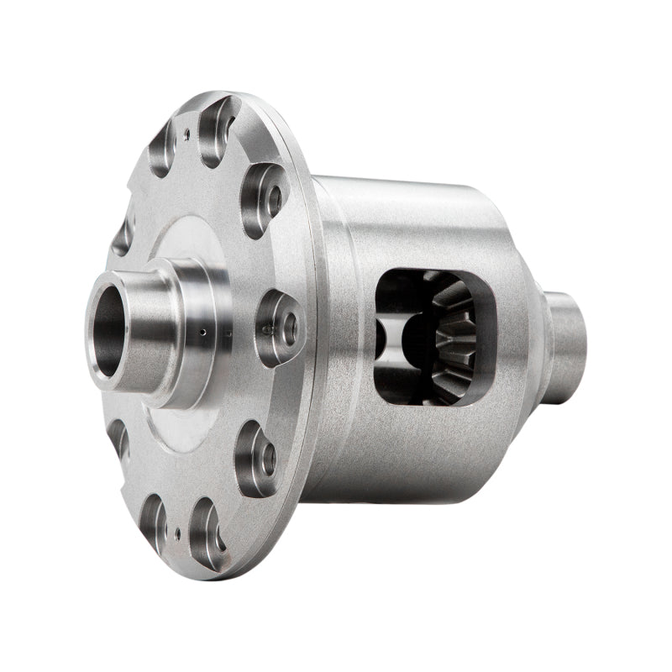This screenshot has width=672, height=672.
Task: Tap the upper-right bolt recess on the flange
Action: tap(264, 199)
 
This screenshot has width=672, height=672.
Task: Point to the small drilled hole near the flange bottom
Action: tap(177, 531)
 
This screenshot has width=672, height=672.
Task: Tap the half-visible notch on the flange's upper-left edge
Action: tap(124, 235)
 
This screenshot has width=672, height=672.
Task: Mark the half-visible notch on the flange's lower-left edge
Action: tap(118, 437)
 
